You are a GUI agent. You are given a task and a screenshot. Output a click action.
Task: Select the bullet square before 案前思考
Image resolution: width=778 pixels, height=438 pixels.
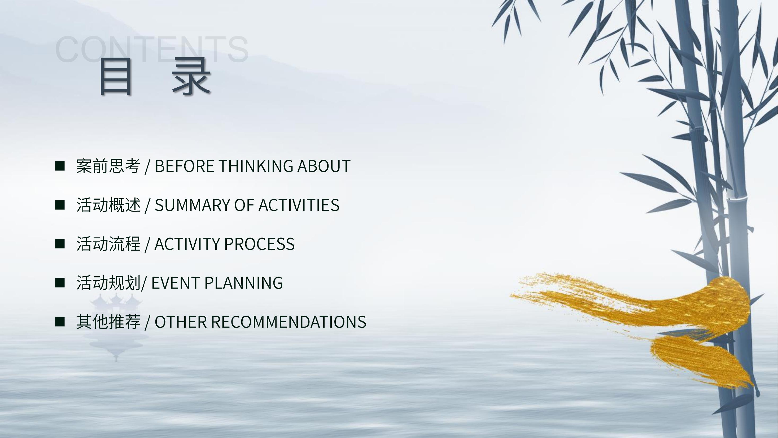tap(60, 166)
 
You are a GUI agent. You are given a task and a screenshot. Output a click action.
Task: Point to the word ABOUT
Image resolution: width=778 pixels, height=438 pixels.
tap(324, 166)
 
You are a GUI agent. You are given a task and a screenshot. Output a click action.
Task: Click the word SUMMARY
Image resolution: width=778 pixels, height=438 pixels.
tap(193, 205)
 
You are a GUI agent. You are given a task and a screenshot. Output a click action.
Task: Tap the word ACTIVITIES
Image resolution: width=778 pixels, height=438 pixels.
tap(299, 205)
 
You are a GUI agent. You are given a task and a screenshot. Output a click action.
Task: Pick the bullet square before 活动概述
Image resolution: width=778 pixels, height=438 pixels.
tap(60, 205)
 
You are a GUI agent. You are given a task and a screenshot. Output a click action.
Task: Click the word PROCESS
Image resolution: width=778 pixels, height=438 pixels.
tap(259, 244)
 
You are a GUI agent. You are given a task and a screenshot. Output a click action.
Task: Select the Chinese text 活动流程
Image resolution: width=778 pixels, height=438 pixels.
tap(108, 244)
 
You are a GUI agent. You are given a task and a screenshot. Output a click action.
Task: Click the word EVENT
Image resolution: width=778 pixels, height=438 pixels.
tap(176, 283)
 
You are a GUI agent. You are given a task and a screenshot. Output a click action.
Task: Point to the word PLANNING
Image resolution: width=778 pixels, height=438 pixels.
tap(244, 283)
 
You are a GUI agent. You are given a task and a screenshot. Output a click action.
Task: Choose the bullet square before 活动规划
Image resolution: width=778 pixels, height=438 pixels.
tap(60, 283)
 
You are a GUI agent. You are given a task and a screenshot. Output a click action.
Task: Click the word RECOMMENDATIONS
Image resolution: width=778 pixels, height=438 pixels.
tap(289, 322)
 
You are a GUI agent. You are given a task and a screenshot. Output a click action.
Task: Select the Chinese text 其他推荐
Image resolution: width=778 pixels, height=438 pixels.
tap(108, 322)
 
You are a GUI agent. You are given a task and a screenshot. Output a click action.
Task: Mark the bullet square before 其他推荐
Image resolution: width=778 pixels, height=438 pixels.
tap(60, 322)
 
